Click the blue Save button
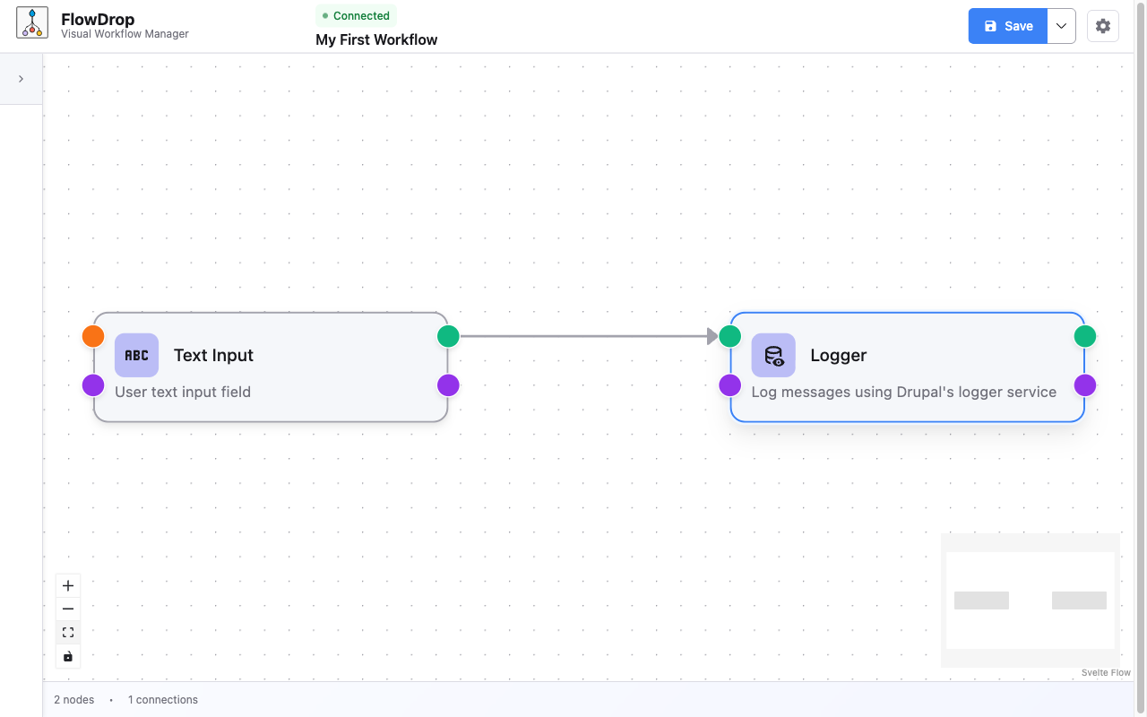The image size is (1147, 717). (1008, 26)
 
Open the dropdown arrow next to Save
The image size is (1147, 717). (1061, 26)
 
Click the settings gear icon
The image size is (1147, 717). (1103, 26)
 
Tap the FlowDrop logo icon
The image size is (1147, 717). (32, 23)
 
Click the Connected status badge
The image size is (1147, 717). (356, 15)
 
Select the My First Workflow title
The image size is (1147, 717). (376, 39)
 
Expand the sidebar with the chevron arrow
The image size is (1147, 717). (21, 79)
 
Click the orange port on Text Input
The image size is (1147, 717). (93, 336)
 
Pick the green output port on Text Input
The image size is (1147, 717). (448, 336)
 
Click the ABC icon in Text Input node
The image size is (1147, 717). (136, 355)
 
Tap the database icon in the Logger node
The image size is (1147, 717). (773, 356)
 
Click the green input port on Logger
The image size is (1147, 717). (730, 336)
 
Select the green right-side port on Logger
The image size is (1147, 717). (1085, 336)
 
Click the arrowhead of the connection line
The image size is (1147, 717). (712, 336)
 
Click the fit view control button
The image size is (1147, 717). (68, 633)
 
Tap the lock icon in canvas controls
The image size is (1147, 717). (68, 656)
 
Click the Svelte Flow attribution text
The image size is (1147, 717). (1106, 672)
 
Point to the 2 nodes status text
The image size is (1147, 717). (73, 700)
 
